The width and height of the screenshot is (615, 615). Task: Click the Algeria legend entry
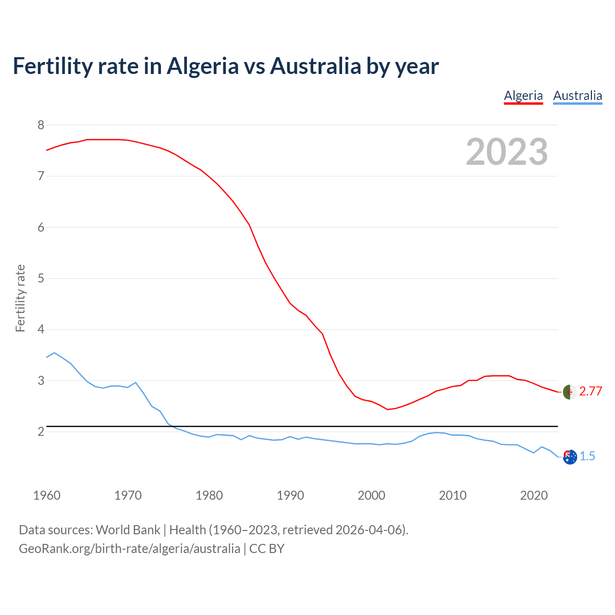pyautogui.click(x=523, y=96)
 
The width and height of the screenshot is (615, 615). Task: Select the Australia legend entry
pyautogui.click(x=578, y=96)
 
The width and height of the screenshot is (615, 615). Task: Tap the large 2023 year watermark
pyautogui.click(x=507, y=152)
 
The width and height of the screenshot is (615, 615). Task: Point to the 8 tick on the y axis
pyautogui.click(x=41, y=125)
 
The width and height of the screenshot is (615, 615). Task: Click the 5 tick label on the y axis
pyautogui.click(x=41, y=278)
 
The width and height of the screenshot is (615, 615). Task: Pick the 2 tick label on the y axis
pyautogui.click(x=41, y=431)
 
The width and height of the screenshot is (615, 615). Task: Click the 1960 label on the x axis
pyautogui.click(x=47, y=495)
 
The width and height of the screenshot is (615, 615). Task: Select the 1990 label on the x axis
pyautogui.click(x=290, y=495)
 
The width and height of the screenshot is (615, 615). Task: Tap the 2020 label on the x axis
pyautogui.click(x=534, y=495)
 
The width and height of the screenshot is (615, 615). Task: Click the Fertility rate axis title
pyautogui.click(x=20, y=298)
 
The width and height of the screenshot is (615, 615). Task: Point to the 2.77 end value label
pyautogui.click(x=590, y=392)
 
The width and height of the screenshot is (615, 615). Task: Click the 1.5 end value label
pyautogui.click(x=587, y=456)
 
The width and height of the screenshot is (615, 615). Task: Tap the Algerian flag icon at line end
pyautogui.click(x=569, y=392)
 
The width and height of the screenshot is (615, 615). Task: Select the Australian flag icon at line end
pyautogui.click(x=570, y=457)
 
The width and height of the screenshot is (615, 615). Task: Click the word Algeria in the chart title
pyautogui.click(x=202, y=66)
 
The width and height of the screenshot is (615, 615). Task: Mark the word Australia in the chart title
pyautogui.click(x=315, y=66)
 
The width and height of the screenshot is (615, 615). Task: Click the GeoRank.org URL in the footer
pyautogui.click(x=129, y=548)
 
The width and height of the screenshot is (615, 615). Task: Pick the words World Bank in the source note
pyautogui.click(x=128, y=529)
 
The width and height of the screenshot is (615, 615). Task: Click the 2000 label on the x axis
pyautogui.click(x=371, y=495)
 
